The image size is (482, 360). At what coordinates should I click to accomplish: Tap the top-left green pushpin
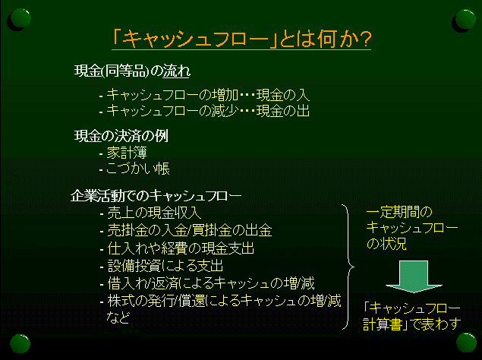pos(20,18)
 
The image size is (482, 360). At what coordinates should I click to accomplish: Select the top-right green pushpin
pos(465,20)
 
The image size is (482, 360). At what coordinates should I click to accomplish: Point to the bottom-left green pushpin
pos(20,344)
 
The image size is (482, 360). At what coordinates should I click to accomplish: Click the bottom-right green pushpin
pos(466,343)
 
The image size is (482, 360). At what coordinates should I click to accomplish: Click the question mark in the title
pos(364,39)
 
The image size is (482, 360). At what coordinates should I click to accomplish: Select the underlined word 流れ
pos(176,71)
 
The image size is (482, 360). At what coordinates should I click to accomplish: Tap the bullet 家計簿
pos(127,153)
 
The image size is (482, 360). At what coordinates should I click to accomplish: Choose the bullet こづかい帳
pos(137,169)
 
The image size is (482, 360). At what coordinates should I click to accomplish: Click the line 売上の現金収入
pos(154,213)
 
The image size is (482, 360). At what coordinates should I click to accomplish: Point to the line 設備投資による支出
pos(165,266)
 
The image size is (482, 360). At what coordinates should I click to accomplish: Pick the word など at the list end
pos(118,317)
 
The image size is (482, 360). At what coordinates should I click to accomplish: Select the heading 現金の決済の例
pos(121,136)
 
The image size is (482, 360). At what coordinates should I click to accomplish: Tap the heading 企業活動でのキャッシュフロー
pos(156,196)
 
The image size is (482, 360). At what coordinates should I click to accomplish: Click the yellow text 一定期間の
pos(399,212)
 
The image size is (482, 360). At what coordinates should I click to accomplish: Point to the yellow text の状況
pos(386,243)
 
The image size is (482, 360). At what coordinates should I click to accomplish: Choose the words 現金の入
pos(283,95)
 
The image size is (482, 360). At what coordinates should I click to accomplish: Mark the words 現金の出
pos(283,111)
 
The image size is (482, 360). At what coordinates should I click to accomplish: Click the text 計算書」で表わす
pos(412,324)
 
